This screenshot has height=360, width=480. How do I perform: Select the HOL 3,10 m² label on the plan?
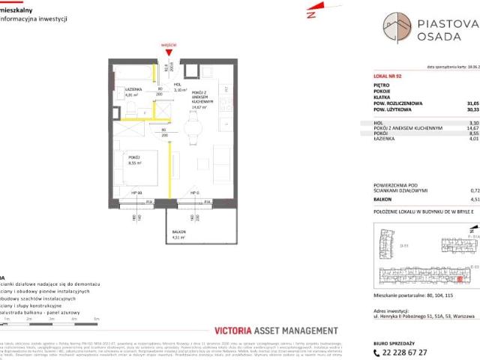[178, 87]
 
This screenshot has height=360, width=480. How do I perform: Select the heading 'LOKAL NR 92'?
[388, 77]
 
